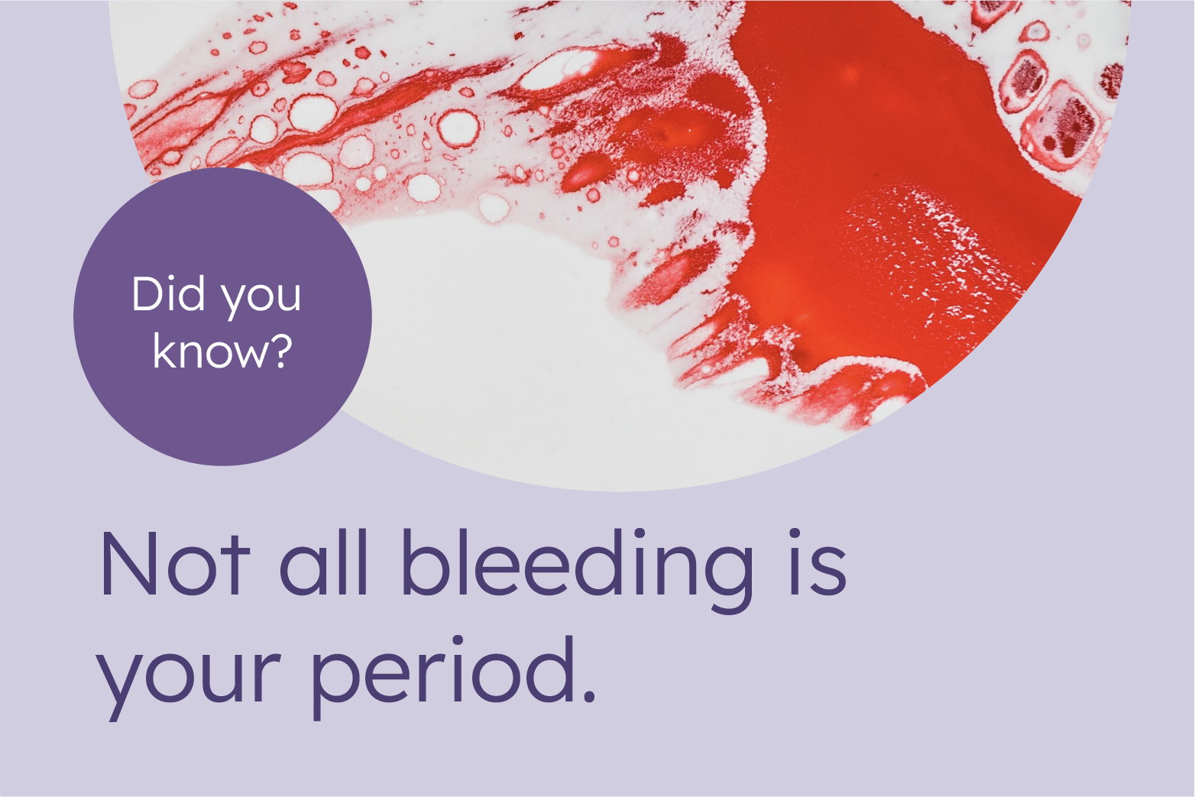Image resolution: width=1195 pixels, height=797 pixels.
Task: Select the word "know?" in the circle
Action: pyautogui.click(x=222, y=352)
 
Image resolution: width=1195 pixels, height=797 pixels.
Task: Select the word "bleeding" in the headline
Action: pyautogui.click(x=577, y=565)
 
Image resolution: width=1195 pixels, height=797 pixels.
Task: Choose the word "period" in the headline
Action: pyautogui.click(x=443, y=672)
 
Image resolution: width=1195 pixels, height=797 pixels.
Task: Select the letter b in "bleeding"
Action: pyautogui.click(x=423, y=564)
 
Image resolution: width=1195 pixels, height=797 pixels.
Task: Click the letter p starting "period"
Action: pyautogui.click(x=336, y=680)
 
